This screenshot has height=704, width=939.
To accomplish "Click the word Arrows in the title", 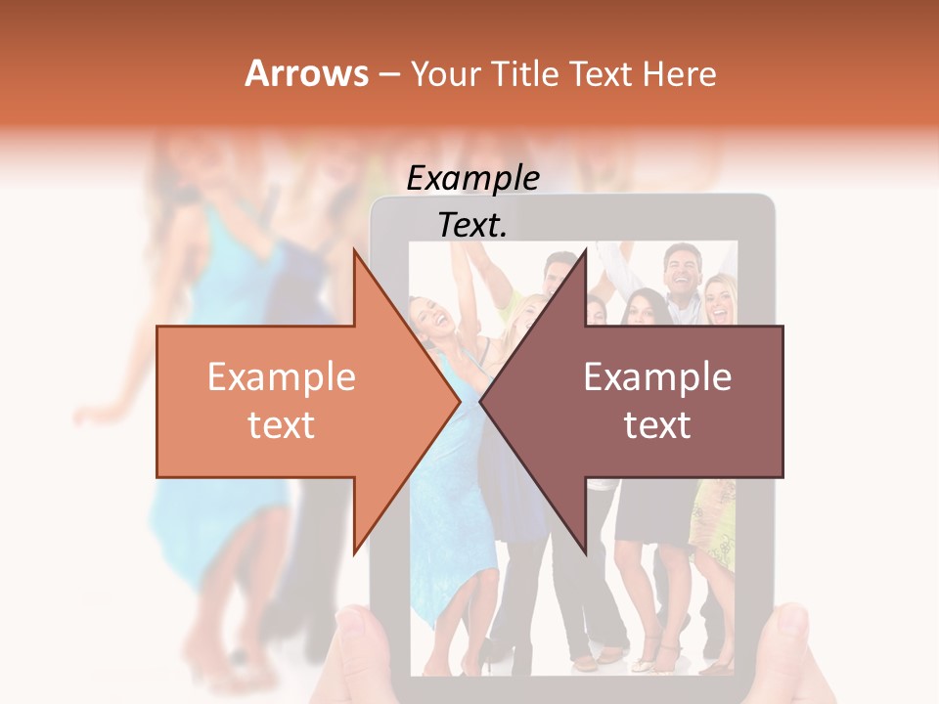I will coord(306,73).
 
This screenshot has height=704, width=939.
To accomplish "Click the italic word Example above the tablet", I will coord(472,178).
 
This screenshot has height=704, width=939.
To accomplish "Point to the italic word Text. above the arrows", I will coord(472,225).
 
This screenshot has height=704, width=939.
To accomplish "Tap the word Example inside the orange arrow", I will coord(282,377).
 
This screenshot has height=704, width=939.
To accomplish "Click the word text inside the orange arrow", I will coord(282,425).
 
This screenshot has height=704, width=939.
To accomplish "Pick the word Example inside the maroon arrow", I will coord(657,377).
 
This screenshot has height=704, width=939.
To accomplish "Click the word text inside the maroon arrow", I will coord(657,425).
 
